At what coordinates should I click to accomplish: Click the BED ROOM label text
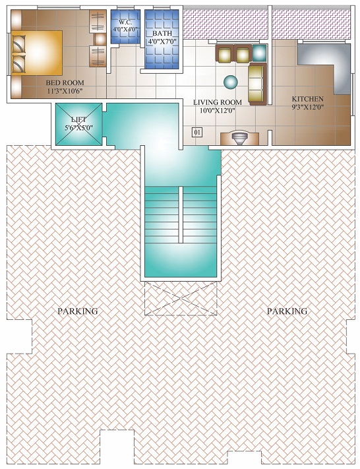65,82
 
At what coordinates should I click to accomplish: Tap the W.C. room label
125,22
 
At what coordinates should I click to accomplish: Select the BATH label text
162,33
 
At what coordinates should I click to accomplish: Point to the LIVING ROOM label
218,102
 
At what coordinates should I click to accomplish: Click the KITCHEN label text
308,99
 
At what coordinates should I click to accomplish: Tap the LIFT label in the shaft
79,120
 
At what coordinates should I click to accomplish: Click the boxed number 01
196,132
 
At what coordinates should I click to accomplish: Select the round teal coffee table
231,82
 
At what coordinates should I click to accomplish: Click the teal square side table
259,53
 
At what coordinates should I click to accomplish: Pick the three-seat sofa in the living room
257,84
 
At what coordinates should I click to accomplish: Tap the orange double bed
37,53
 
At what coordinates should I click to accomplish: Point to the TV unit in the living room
239,139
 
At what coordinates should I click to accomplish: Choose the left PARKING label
78,311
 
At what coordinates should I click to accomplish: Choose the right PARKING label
287,311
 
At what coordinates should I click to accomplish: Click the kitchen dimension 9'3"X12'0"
308,106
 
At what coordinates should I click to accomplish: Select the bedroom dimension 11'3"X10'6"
65,90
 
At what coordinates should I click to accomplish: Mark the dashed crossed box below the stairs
181,298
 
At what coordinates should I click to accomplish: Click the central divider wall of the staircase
181,214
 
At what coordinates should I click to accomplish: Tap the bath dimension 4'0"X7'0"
162,41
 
